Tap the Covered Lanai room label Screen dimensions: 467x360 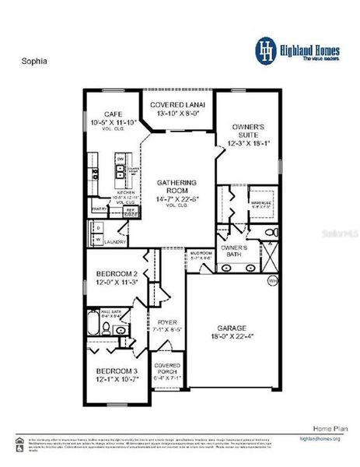point(178,106)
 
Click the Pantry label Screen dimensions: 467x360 point(99,209)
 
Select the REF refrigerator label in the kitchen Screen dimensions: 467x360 point(130,209)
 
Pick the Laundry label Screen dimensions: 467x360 point(117,242)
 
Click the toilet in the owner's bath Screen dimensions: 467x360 point(268,232)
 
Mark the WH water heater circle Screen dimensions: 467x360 point(272,280)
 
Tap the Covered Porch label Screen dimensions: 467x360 point(167,369)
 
